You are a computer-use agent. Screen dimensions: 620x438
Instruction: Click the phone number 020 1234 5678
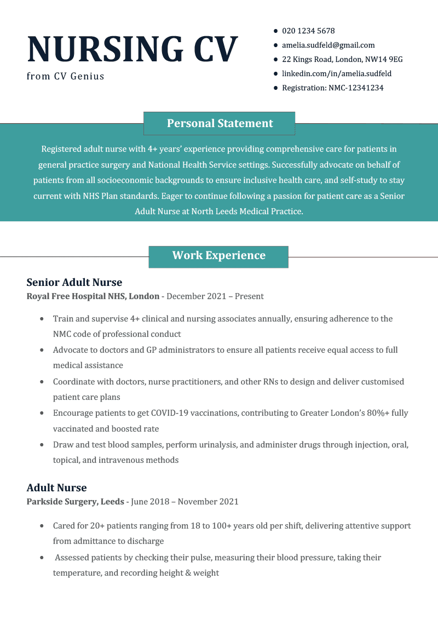(x=308, y=31)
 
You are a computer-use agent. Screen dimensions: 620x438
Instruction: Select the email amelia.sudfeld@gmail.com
(x=328, y=45)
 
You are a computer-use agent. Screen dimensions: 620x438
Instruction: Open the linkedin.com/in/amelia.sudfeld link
(x=336, y=73)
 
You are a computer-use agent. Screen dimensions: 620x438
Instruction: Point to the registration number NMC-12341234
(x=356, y=88)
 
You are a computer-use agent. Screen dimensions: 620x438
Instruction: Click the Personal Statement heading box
(x=220, y=123)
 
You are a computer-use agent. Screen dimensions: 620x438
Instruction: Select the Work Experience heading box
(x=218, y=256)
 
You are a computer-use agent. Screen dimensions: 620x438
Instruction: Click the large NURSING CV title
(x=132, y=49)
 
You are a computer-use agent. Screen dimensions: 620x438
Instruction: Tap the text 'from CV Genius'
(x=65, y=76)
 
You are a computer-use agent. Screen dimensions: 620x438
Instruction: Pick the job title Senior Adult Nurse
(x=74, y=282)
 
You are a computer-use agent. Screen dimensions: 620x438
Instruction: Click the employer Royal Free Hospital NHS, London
(x=93, y=296)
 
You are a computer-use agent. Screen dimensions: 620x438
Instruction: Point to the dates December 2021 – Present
(x=215, y=296)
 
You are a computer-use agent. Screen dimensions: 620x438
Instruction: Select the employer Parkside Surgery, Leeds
(x=76, y=502)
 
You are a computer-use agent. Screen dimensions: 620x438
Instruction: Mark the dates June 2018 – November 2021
(x=185, y=502)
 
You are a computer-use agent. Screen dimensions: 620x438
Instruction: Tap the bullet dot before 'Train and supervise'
(x=42, y=319)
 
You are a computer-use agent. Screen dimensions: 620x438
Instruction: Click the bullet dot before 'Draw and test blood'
(x=42, y=445)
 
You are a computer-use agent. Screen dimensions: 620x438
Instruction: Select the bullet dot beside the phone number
(x=275, y=31)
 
